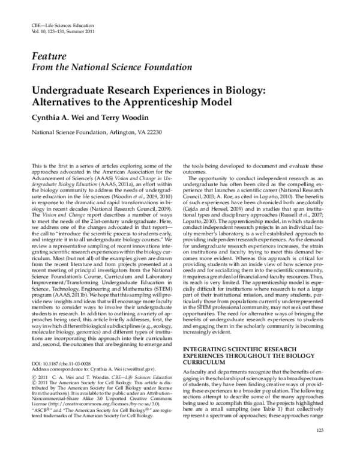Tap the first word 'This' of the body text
[36, 165]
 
